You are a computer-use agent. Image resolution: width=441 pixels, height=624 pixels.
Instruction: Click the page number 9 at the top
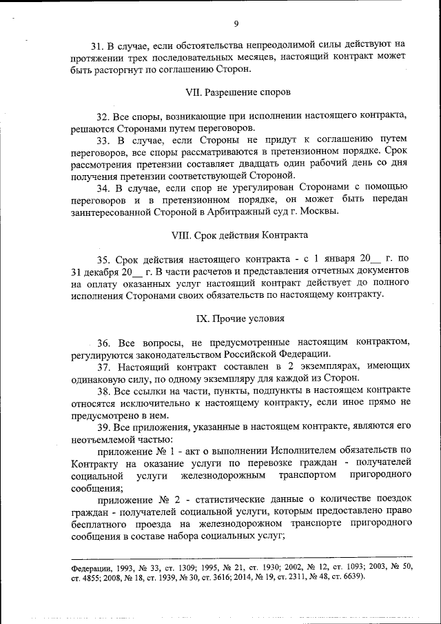tap(236, 24)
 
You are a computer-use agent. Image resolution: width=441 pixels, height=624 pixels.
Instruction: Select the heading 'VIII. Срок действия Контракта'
tap(238, 234)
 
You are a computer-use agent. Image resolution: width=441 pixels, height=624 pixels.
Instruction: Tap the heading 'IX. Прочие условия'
tap(240, 319)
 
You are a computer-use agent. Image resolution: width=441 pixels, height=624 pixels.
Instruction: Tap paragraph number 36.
tap(103, 342)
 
